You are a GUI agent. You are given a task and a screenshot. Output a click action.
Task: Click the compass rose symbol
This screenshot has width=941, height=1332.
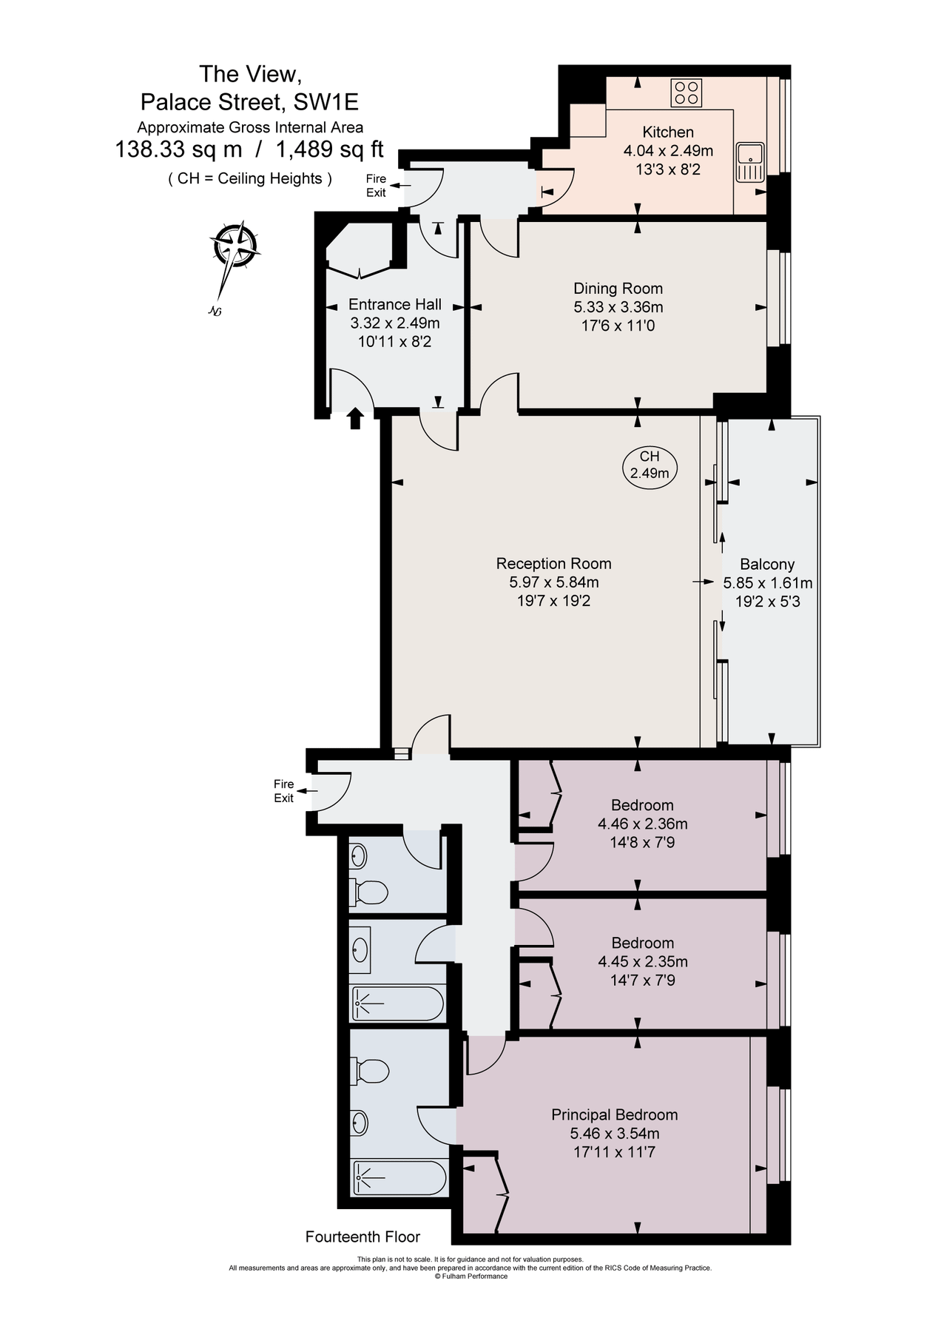coord(234,246)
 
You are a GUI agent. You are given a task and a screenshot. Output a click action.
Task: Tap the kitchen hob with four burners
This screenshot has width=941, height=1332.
coord(686,93)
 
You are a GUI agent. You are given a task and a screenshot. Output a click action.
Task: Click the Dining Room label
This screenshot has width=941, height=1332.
coord(618,289)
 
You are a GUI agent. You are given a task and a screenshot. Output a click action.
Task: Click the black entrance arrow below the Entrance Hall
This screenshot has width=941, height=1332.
coord(355,419)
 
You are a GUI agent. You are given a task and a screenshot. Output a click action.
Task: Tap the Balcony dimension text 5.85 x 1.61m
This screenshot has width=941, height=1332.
coord(767,583)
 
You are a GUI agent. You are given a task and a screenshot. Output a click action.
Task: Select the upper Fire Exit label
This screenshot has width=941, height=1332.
coord(376,186)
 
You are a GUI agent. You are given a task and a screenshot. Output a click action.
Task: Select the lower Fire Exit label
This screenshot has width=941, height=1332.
coord(284,791)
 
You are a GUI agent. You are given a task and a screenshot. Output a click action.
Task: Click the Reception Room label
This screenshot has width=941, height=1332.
coord(553,564)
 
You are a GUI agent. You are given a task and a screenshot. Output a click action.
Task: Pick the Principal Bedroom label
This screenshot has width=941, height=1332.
coord(614,1114)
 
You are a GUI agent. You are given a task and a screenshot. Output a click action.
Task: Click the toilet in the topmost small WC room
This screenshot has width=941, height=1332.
coord(370,892)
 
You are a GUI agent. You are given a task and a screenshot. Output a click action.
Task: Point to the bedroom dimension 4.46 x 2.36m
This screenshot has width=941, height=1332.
coord(642,824)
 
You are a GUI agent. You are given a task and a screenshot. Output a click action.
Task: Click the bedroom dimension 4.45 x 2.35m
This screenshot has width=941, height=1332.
coord(642,962)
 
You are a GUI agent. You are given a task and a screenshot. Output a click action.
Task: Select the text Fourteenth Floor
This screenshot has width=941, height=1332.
coord(362,1237)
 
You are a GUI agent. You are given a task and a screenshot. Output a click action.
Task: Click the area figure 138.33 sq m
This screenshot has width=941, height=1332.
coord(178,150)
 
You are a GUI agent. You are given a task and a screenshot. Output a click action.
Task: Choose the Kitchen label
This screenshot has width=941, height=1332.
coord(667,132)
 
